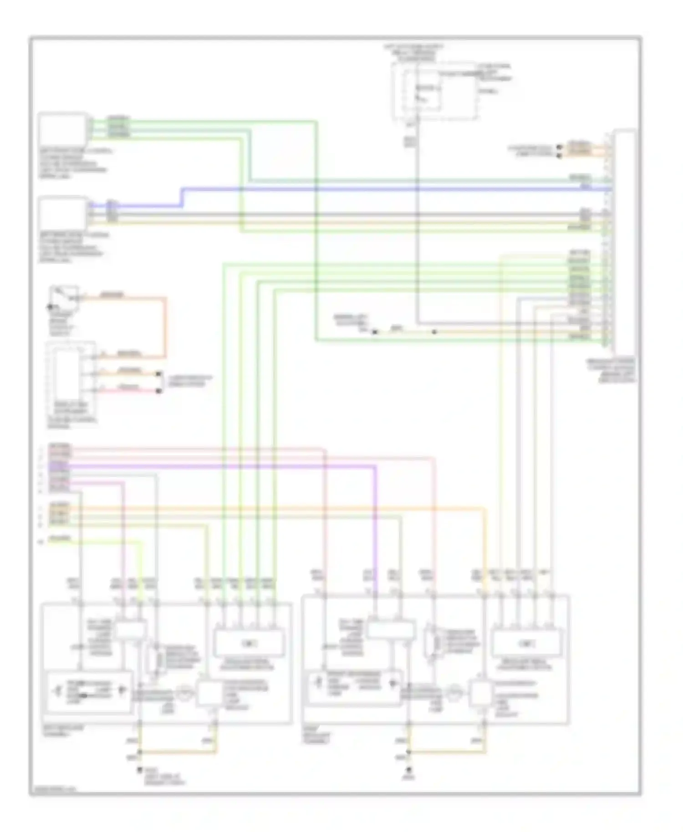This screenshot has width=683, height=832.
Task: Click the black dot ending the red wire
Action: click(159, 391)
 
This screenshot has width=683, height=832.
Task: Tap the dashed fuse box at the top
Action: click(435, 91)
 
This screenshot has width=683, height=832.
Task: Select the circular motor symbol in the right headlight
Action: click(454, 693)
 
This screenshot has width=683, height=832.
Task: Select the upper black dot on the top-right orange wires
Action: click(560, 147)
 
